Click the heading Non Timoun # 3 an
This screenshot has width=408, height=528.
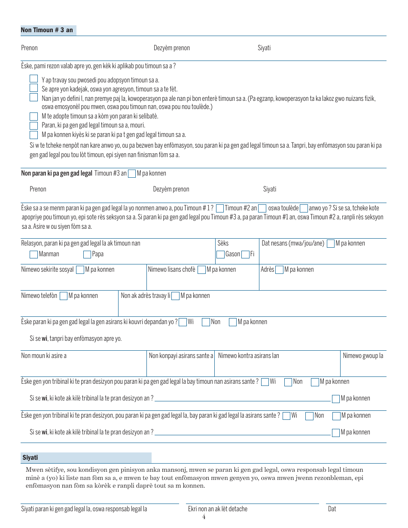tap(47, 30)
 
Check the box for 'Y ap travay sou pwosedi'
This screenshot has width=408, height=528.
tap(33, 79)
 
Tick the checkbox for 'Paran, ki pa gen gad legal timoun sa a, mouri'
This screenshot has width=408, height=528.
tap(33, 125)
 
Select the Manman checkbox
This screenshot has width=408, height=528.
tap(33, 254)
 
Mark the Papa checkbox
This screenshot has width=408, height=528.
tap(87, 254)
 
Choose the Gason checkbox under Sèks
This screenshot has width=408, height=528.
tap(220, 254)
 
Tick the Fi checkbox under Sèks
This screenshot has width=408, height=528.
tap(245, 254)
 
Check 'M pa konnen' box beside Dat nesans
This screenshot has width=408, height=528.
tap(330, 244)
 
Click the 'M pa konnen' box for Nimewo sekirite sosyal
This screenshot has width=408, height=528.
tap(80, 270)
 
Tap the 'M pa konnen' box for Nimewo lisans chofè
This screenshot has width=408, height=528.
tap(201, 270)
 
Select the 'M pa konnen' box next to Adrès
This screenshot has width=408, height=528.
tap(279, 270)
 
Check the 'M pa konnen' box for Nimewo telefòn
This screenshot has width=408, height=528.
tap(64, 296)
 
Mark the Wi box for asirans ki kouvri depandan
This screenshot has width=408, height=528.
tap(183, 322)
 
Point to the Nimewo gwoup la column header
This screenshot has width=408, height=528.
tap(363, 355)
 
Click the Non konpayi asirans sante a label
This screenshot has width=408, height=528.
tap(181, 355)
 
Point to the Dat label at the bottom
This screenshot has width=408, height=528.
tap(332, 509)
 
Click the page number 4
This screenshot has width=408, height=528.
tap(204, 517)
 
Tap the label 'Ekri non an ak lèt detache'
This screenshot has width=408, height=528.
tap(218, 509)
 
